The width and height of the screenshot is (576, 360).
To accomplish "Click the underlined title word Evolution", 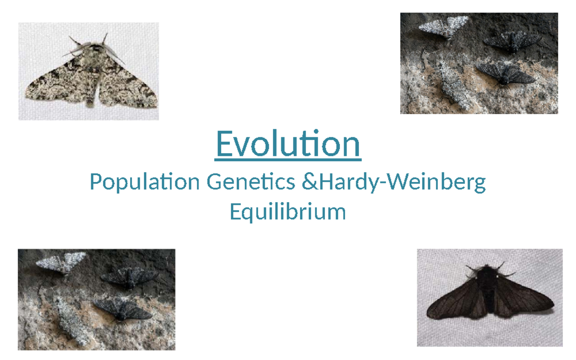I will point(288,144).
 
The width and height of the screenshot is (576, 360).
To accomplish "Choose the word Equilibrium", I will point(288,212).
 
